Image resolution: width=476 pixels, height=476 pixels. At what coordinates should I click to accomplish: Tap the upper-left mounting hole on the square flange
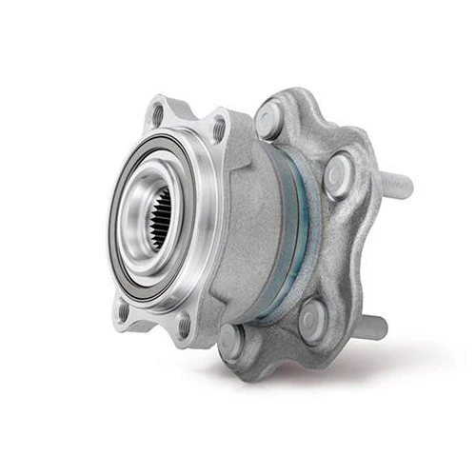pos(157,115)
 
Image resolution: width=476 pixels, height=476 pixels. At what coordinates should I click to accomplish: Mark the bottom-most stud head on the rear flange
pos(231,340)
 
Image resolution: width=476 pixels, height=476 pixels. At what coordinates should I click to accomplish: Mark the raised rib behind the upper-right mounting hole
pos(238,143)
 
